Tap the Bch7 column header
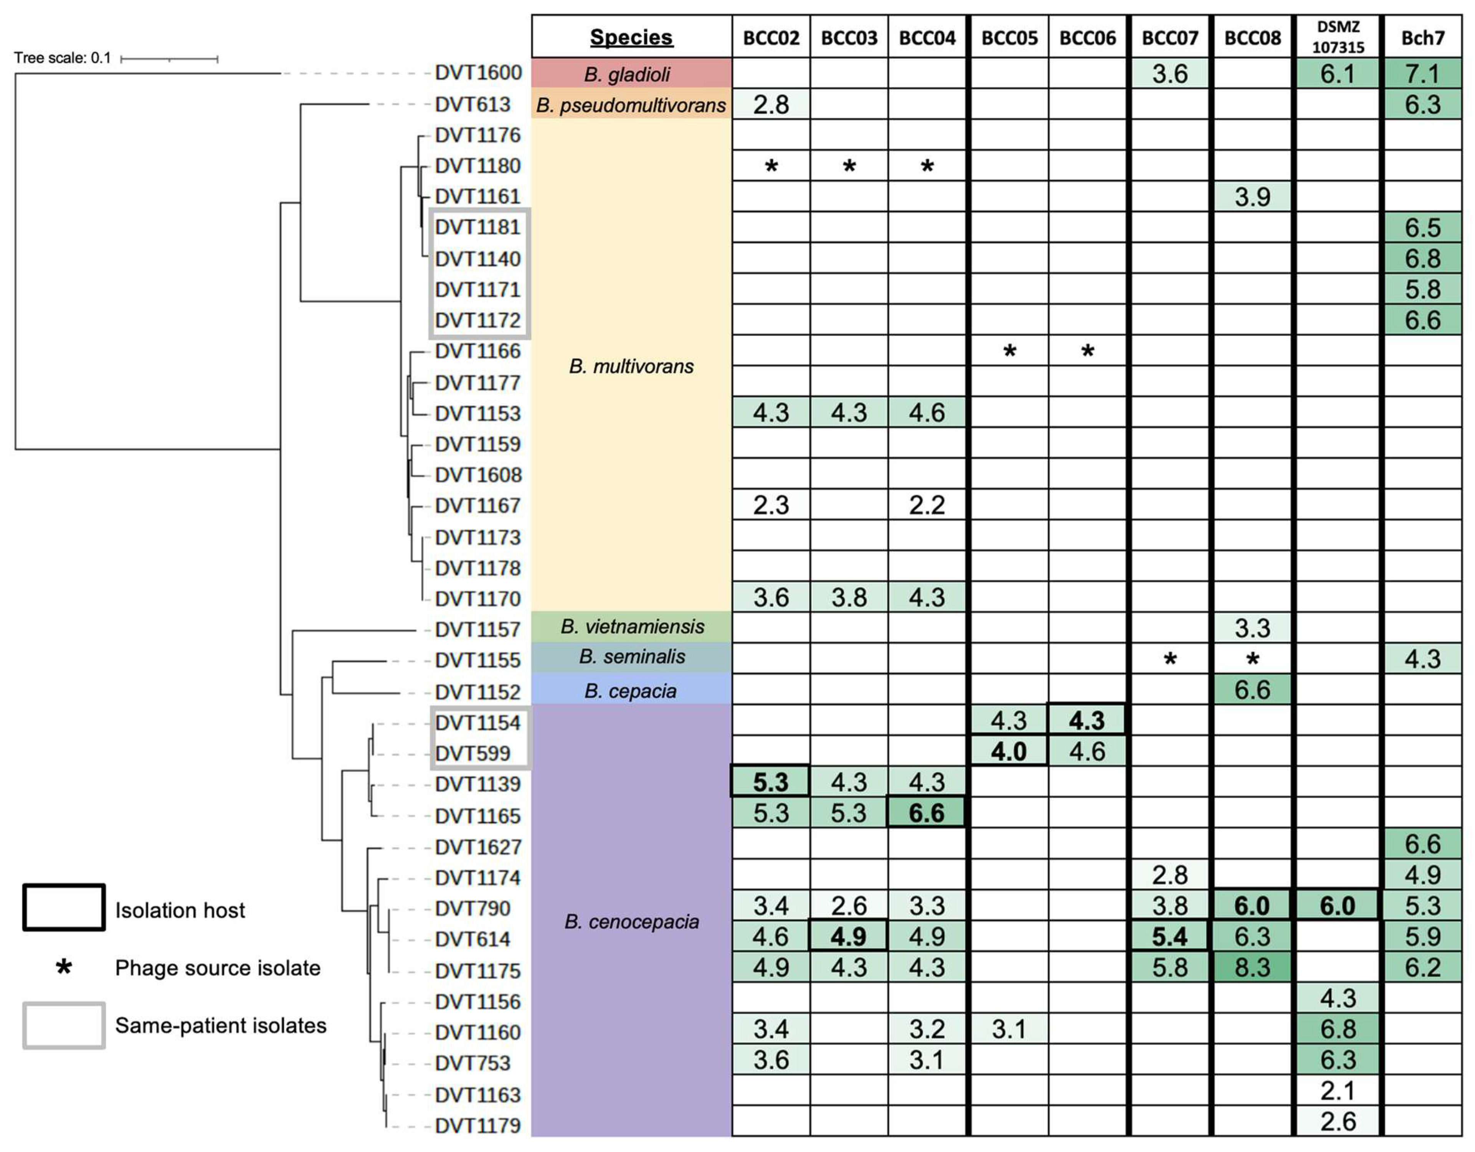[1422, 37]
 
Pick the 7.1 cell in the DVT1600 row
[1422, 73]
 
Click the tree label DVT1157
[477, 629]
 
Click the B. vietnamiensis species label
[632, 627]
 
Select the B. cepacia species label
[631, 691]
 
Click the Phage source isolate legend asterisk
[64, 967]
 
